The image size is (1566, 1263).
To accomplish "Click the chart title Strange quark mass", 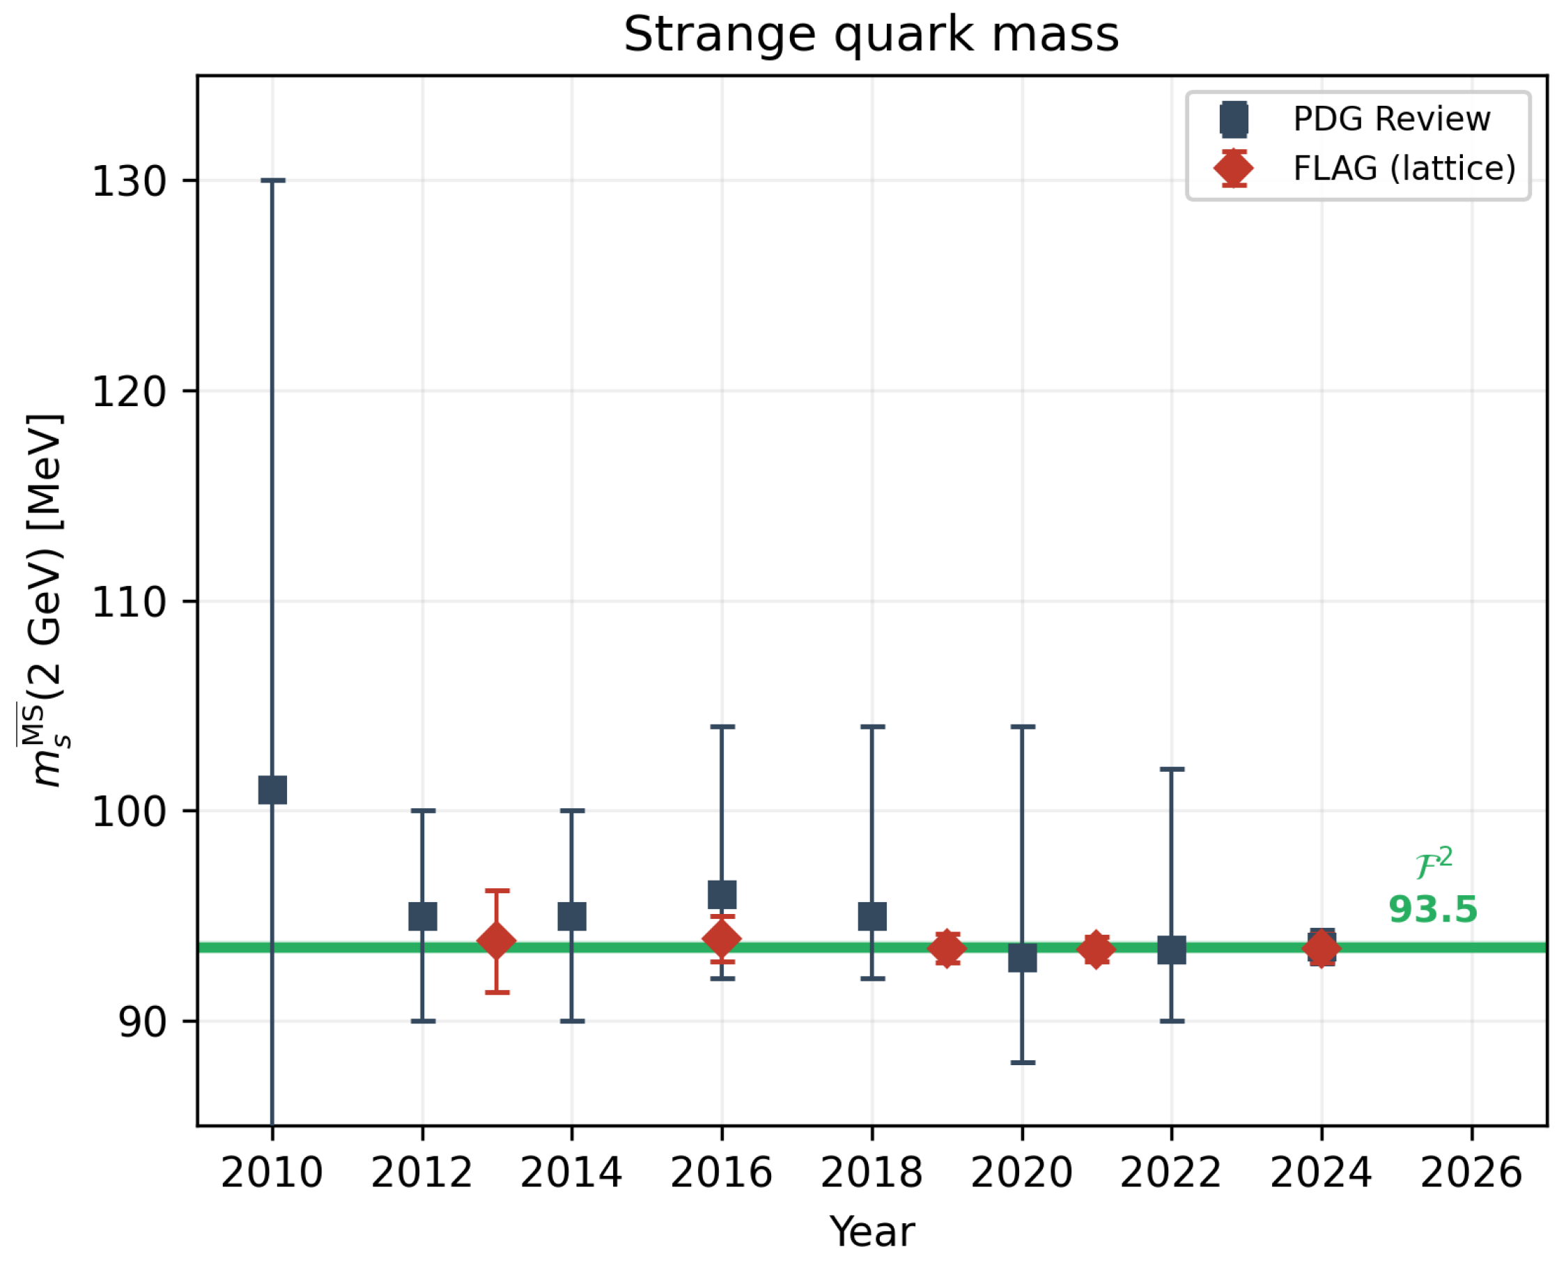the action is coord(871,34).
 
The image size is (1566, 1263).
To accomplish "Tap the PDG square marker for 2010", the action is coord(273,789).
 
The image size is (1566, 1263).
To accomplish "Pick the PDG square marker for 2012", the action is coord(423,916).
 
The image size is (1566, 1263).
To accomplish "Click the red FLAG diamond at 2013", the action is coord(497,941).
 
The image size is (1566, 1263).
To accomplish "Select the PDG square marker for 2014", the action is coord(572,916).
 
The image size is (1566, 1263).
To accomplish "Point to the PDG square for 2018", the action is coord(872,916).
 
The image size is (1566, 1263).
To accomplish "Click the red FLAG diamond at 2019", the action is coord(947,949).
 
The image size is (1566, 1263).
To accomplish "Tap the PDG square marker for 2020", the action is coord(1022,958).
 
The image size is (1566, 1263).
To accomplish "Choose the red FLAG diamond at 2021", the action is coord(1095,949).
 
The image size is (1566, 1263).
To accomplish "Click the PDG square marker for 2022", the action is coord(1171,950).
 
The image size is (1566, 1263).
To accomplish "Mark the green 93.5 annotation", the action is coord(1432,909).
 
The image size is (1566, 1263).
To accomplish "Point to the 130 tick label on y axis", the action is coord(130,181).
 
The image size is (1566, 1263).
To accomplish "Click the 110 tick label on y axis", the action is coord(130,603).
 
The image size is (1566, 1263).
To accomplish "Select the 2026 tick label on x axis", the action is coord(1471,1173).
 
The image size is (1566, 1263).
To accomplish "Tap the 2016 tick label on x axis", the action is coord(721,1173).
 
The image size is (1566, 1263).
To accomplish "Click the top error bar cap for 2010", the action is coord(273,180).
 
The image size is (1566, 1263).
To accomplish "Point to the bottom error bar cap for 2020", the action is coord(1023,1063).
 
